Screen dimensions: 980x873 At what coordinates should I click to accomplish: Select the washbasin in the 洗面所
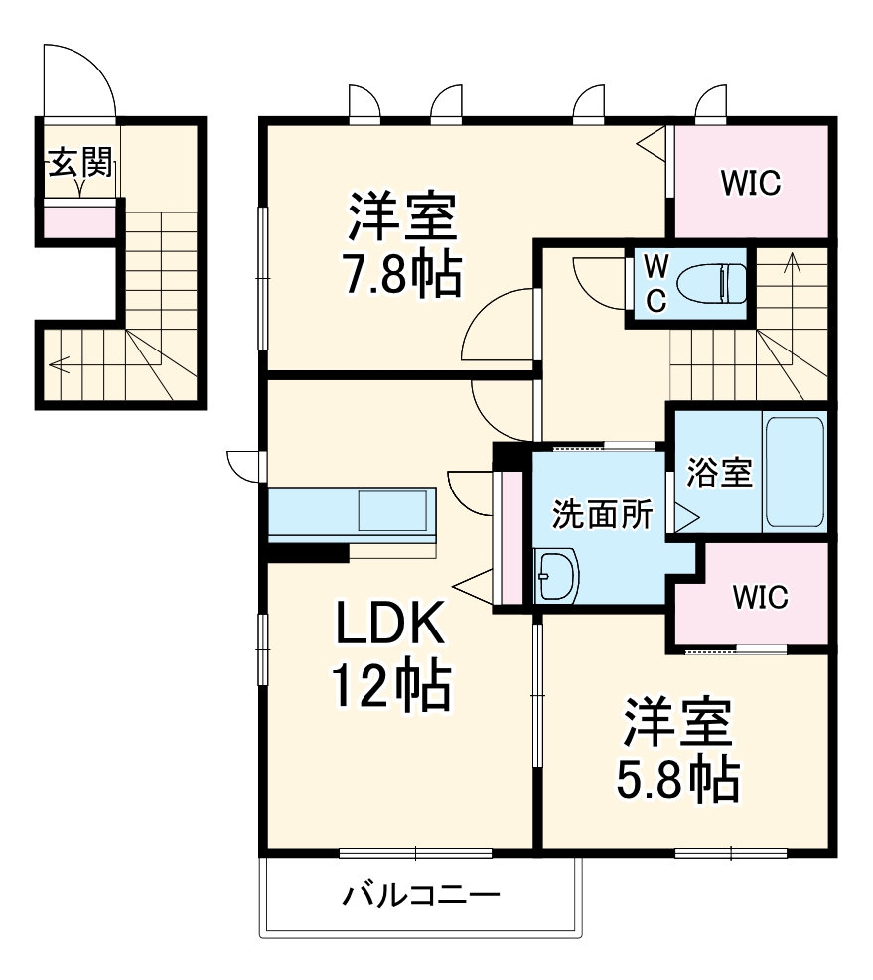tap(555, 577)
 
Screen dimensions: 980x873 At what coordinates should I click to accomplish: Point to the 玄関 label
tap(78, 161)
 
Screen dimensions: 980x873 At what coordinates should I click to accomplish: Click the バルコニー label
tap(421, 896)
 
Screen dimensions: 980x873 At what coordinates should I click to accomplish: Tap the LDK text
tap(387, 627)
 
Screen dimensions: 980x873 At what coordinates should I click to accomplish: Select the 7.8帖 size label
tap(402, 277)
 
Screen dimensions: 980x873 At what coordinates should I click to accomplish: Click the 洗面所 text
tap(603, 515)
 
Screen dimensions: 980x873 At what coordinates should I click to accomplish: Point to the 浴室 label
tap(718, 473)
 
